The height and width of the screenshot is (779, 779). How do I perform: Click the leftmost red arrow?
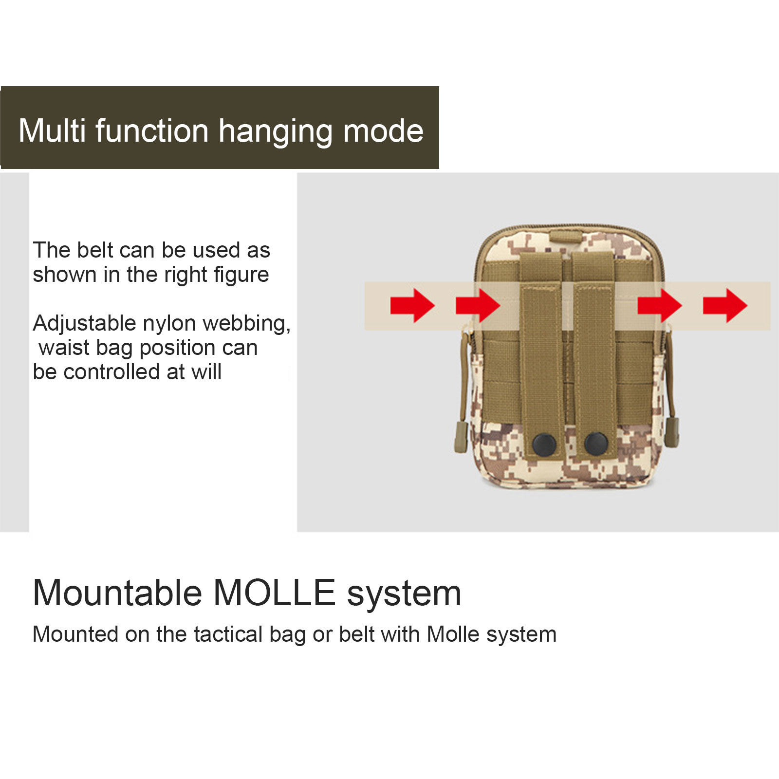coord(412,305)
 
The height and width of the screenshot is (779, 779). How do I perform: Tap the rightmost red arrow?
coord(725,305)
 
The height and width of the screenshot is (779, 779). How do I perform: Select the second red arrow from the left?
coord(478,305)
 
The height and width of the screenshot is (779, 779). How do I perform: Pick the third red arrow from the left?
coord(660,305)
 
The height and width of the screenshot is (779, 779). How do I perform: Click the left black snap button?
coord(544,444)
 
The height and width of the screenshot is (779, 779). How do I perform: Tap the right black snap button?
coord(596,443)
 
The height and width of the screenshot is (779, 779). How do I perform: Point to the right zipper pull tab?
coord(673,431)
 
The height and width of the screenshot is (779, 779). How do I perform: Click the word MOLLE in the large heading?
coord(275,593)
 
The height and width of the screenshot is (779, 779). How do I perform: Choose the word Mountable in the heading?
coord(117,593)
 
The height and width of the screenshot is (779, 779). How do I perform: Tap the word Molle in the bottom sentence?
coord(453,634)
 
